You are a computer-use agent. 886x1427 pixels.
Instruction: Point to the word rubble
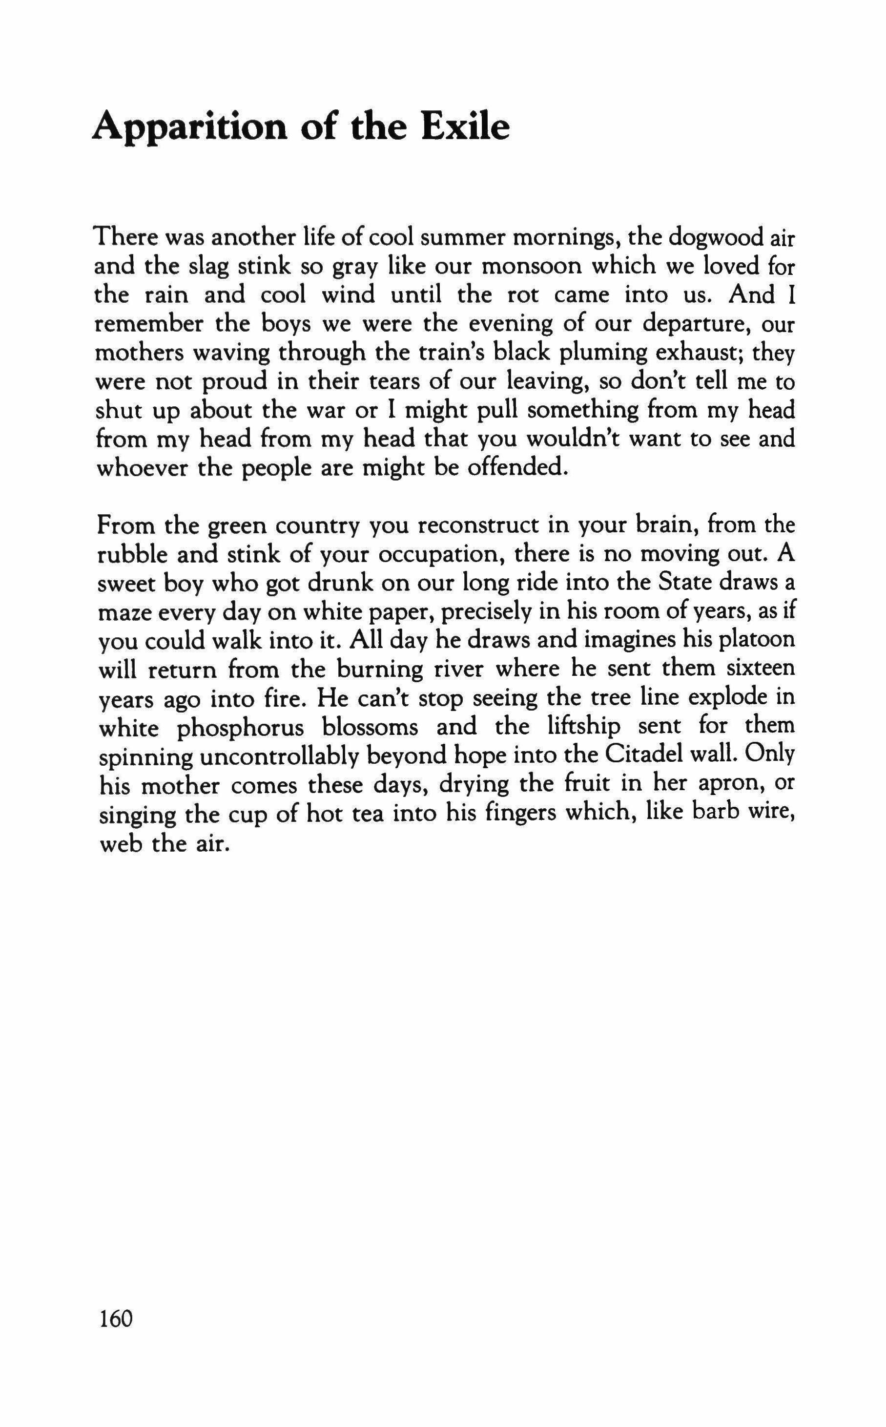coord(130,554)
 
